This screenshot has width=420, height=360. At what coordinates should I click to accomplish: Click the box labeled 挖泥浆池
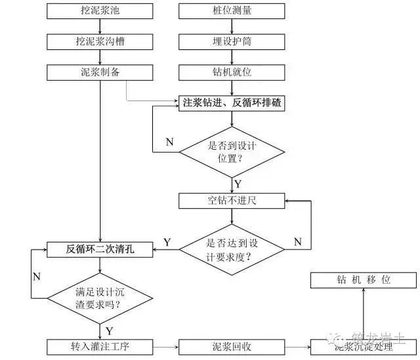pyautogui.click(x=98, y=11)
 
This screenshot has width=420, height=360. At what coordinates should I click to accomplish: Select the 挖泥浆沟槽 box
pyautogui.click(x=98, y=41)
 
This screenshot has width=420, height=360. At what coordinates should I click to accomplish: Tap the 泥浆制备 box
pyautogui.click(x=98, y=72)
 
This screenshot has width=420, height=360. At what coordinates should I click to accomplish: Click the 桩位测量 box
pyautogui.click(x=232, y=11)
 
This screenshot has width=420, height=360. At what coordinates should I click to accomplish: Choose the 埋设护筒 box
pyautogui.click(x=232, y=41)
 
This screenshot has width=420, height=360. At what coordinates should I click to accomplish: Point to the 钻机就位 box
pyautogui.click(x=232, y=72)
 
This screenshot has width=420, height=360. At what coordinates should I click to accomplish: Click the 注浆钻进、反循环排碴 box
pyautogui.click(x=232, y=103)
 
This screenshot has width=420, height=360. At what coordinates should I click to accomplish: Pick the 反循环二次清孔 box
pyautogui.click(x=100, y=249)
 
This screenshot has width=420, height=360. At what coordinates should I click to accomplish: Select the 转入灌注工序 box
pyautogui.click(x=100, y=346)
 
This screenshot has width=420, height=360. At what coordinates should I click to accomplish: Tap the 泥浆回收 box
pyautogui.click(x=232, y=346)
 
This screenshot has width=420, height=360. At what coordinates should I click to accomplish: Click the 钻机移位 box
pyautogui.click(x=363, y=280)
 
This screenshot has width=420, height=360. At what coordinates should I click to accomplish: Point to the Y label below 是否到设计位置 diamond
pyautogui.click(x=238, y=183)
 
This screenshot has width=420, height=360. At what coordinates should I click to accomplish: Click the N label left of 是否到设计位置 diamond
pyautogui.click(x=169, y=142)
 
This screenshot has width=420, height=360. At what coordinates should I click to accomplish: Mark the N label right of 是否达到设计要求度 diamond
pyautogui.click(x=297, y=242)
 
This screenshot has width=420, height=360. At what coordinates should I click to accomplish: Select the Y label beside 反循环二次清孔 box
pyautogui.click(x=167, y=242)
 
